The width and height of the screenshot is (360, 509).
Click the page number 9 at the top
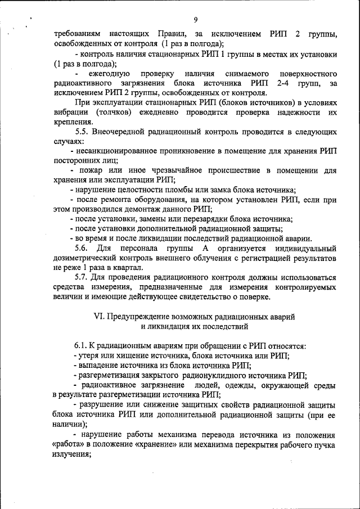click(195, 20)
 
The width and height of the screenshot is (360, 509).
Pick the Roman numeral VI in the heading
click(97, 317)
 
